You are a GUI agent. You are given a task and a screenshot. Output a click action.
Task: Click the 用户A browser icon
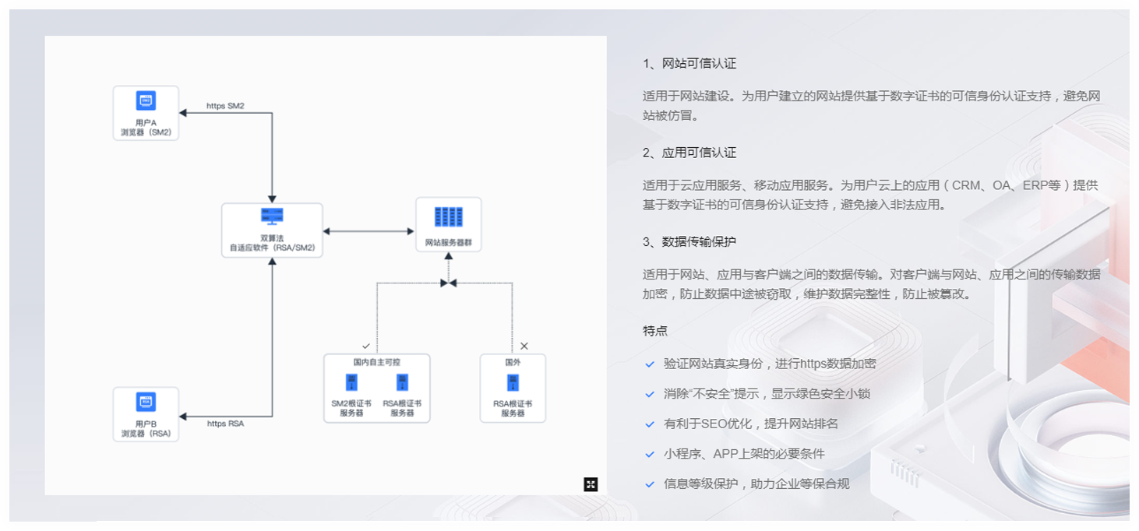click(x=146, y=100)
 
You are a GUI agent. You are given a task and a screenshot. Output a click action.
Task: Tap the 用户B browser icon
click(x=146, y=402)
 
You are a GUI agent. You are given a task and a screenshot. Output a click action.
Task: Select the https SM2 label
click(x=225, y=106)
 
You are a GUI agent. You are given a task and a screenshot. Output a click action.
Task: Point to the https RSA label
click(x=225, y=424)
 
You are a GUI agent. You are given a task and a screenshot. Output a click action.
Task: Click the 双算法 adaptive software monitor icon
click(x=272, y=216)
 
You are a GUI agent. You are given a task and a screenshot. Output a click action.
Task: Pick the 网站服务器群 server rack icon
click(x=448, y=216)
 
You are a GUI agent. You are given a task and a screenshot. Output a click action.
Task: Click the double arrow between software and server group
click(x=368, y=231)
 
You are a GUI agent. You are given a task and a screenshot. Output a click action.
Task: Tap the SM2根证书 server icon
click(x=351, y=382)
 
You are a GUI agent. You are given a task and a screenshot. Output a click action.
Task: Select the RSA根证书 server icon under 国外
click(x=513, y=382)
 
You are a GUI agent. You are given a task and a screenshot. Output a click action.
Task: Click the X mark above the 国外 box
click(x=524, y=345)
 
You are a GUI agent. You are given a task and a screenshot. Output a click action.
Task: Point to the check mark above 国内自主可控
click(x=366, y=345)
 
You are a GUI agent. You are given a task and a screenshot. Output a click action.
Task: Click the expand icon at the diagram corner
click(x=591, y=484)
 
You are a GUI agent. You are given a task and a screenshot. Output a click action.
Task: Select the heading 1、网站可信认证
click(x=689, y=64)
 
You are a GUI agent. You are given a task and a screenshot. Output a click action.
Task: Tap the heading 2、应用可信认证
click(x=689, y=153)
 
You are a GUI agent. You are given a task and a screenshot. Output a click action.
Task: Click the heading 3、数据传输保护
click(x=689, y=241)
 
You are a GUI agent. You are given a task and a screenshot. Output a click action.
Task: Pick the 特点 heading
click(x=655, y=330)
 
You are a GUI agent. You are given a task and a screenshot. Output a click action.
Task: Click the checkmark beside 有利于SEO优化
click(x=650, y=424)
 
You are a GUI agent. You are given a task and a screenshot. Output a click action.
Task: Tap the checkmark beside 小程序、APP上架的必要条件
click(x=650, y=454)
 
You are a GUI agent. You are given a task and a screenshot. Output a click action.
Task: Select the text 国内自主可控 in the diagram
click(x=376, y=362)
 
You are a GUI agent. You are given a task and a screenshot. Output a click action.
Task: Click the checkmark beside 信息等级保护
click(x=650, y=484)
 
